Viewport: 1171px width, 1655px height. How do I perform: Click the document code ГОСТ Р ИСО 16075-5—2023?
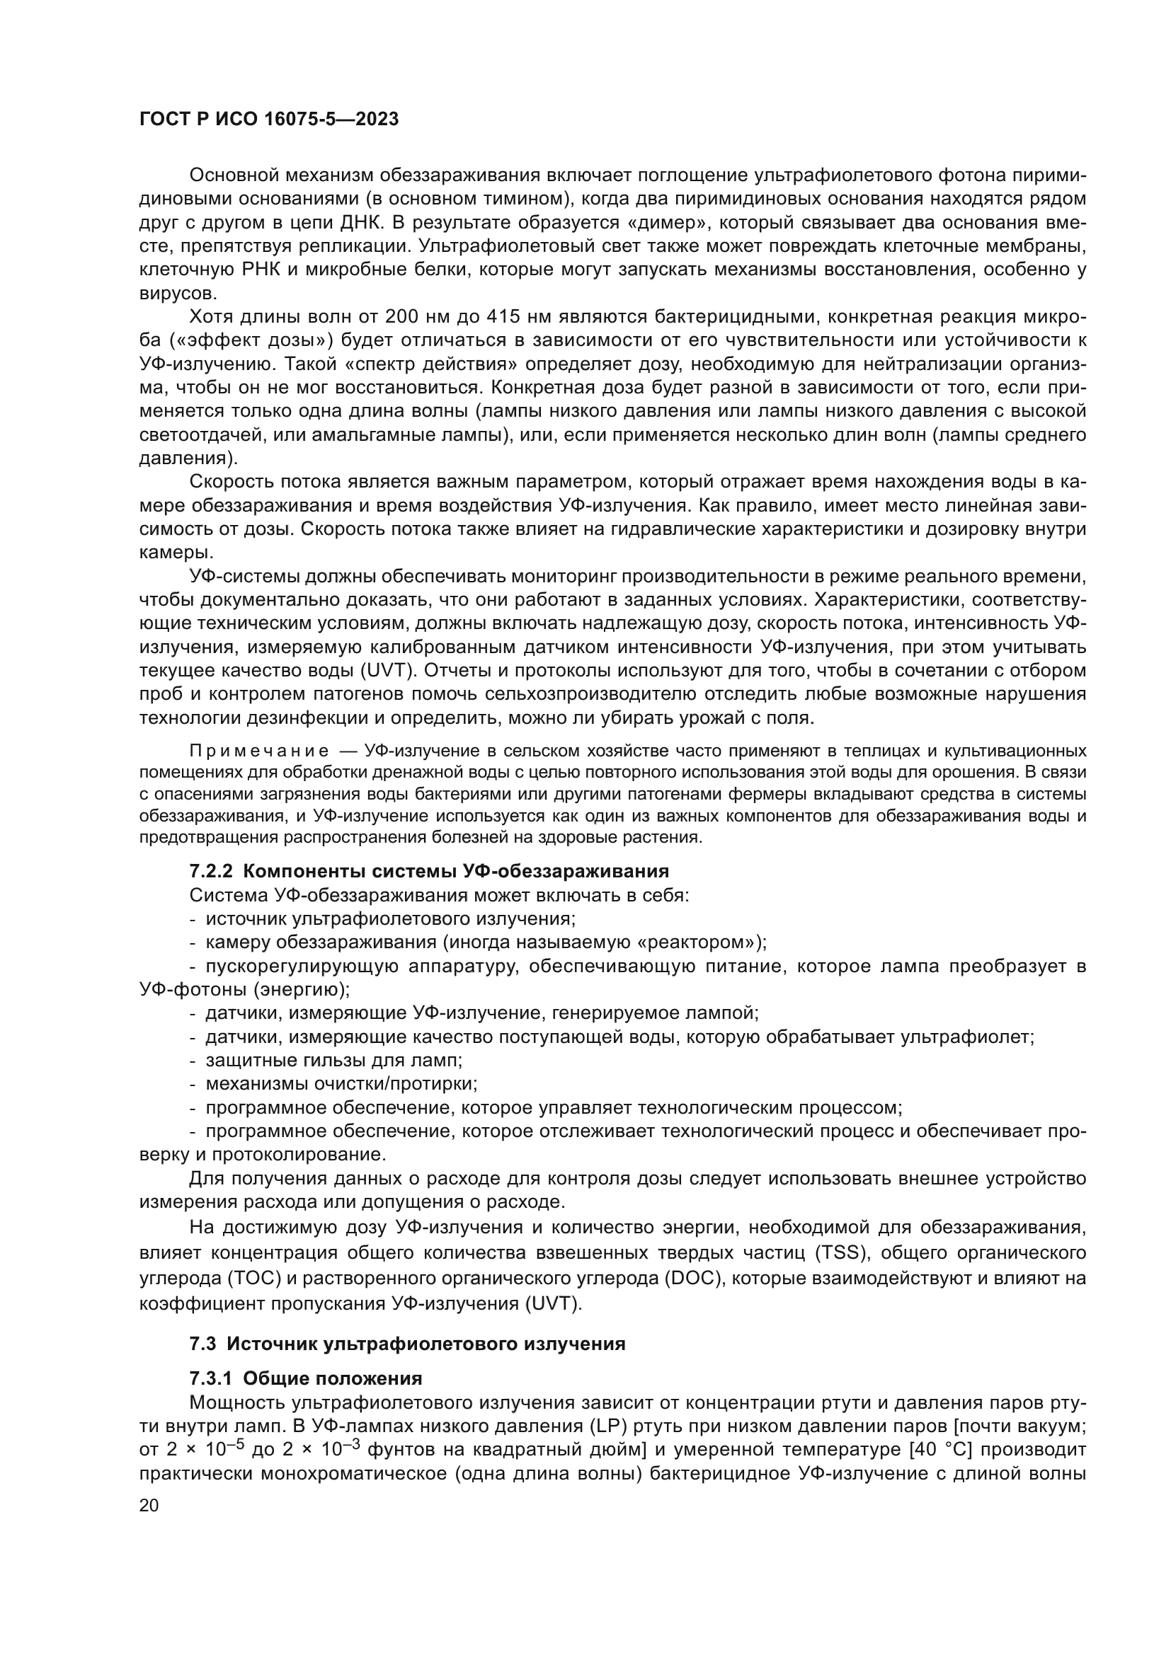click(x=268, y=120)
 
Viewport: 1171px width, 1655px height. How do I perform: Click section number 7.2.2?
click(x=210, y=872)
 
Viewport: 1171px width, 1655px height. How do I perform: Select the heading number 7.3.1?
click(x=210, y=1378)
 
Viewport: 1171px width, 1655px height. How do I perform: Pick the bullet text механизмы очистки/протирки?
click(x=341, y=1084)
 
